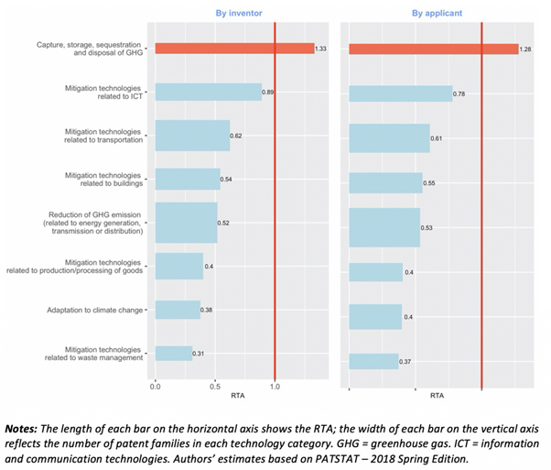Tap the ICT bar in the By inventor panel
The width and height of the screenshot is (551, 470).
click(x=208, y=92)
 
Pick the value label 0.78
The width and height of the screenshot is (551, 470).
click(x=461, y=94)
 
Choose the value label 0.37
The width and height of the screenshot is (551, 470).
click(x=406, y=362)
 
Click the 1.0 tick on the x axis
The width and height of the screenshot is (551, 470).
click(x=275, y=387)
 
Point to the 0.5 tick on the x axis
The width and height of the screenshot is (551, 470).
click(x=215, y=387)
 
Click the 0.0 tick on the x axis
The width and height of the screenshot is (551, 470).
click(x=156, y=387)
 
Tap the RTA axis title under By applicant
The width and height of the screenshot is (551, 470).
click(x=437, y=396)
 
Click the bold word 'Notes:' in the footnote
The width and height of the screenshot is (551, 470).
click(x=28, y=428)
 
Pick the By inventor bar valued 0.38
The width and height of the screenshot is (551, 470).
click(x=178, y=310)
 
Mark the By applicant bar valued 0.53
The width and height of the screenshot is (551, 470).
click(x=384, y=227)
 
